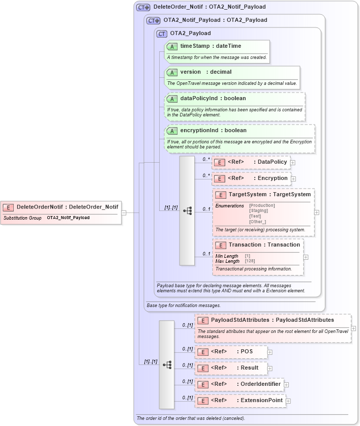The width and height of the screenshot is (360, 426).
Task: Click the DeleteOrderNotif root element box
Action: click(61, 207)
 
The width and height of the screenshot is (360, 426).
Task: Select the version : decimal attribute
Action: click(205, 72)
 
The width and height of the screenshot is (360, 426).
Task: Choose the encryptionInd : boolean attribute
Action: click(213, 130)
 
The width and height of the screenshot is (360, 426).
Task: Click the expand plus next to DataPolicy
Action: click(293, 163)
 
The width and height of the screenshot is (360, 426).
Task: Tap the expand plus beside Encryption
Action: click(293, 179)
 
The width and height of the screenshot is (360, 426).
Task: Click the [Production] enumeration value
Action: click(262, 205)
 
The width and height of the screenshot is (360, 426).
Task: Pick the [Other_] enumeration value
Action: click(258, 222)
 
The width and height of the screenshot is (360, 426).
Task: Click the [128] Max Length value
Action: click(250, 261)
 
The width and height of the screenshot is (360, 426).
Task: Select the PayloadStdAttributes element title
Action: click(272, 320)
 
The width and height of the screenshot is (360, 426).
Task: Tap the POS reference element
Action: click(232, 352)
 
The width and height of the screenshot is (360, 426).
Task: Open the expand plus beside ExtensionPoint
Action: click(288, 401)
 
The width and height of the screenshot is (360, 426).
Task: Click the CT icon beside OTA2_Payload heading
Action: click(162, 34)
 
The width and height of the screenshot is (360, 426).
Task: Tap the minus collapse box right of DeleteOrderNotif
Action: click(124, 212)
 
